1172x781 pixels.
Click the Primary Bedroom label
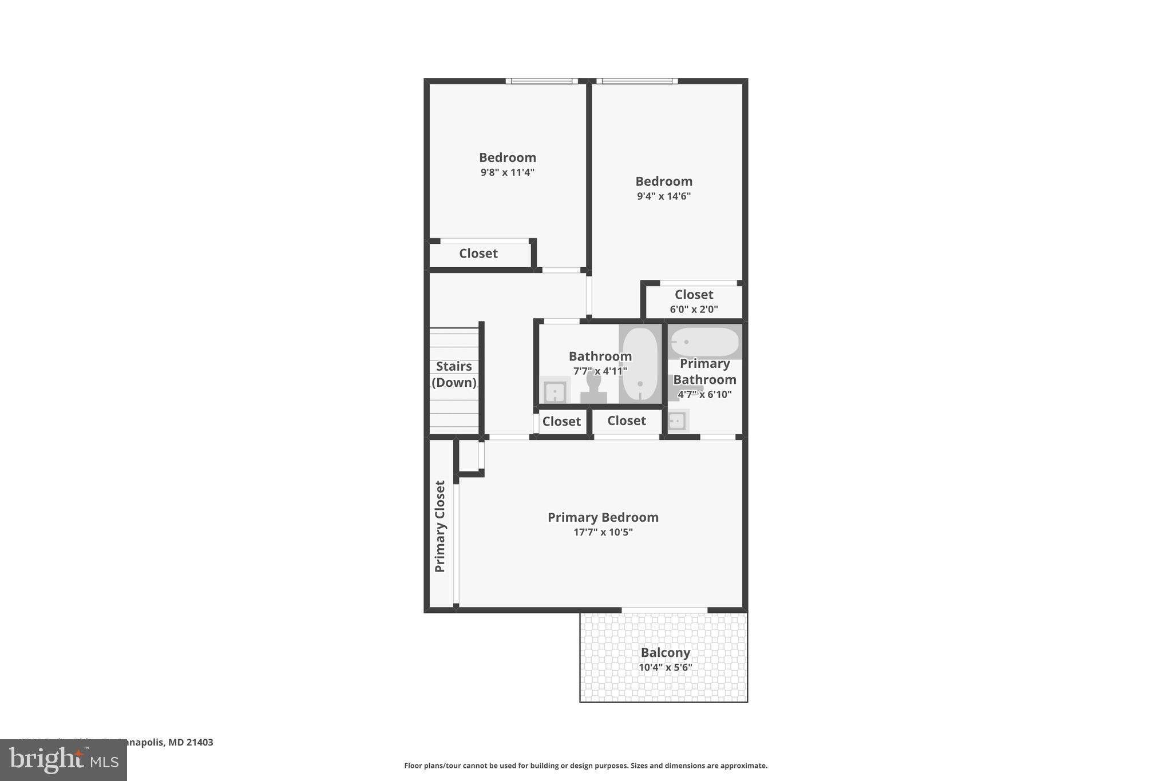pos(603,517)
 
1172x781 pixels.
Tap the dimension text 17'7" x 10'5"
pos(603,532)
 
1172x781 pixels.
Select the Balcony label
pos(665,652)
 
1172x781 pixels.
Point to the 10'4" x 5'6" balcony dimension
pos(665,667)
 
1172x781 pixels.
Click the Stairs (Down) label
pos(454,374)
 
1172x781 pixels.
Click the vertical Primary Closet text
pos(439,526)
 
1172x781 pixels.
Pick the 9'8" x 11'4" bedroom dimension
pos(507,172)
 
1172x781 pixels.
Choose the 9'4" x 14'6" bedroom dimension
pos(663,196)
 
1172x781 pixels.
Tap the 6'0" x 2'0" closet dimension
pos(694,310)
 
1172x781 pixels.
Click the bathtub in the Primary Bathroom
pos(705,342)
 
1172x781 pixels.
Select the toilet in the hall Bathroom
pos(593,389)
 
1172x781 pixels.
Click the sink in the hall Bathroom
pos(555,392)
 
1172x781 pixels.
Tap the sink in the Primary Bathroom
pos(677,421)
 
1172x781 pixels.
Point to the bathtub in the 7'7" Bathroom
pos(640,364)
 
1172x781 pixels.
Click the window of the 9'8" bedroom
pos(541,81)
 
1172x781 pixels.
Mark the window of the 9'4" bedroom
pos(636,81)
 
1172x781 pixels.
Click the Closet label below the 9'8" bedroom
pos(478,253)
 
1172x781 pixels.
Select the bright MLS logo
pos(64,760)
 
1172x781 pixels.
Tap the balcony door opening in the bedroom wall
pos(664,610)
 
